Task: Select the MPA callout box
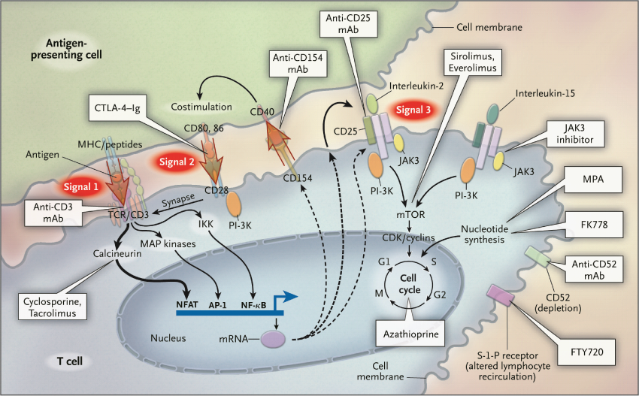[x=592, y=182]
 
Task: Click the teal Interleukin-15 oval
[x=492, y=113]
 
